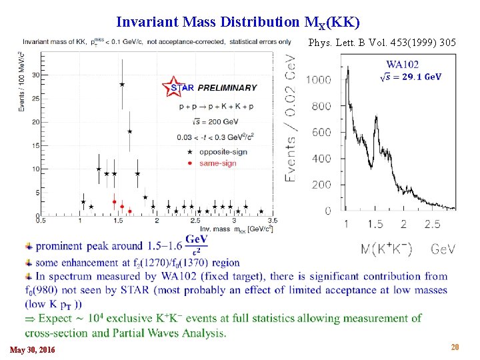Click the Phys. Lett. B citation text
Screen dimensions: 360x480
[383, 43]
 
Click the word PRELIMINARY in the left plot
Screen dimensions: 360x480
[227, 88]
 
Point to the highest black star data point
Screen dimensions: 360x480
[122, 84]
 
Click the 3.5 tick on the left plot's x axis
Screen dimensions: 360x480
[272, 220]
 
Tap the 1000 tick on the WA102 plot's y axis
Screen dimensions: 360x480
[319, 80]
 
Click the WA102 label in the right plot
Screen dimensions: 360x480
[402, 65]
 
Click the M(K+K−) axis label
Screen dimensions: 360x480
[386, 249]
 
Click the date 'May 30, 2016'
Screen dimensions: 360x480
[33, 350]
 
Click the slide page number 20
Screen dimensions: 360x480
[455, 347]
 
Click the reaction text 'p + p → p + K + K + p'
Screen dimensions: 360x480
[217, 107]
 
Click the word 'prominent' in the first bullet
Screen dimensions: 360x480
[59, 246]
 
